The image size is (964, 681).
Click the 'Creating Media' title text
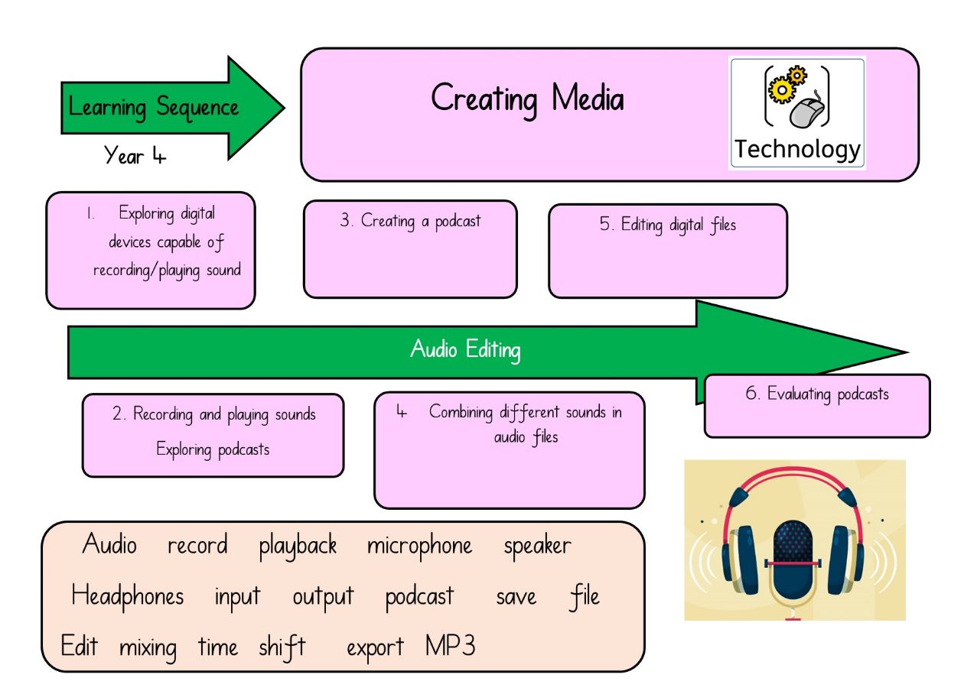click(x=527, y=99)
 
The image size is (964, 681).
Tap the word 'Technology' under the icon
click(x=797, y=149)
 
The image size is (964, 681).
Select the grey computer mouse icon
click(x=807, y=112)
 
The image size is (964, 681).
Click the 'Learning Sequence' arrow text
click(x=153, y=108)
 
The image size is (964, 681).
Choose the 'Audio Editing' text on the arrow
click(x=465, y=349)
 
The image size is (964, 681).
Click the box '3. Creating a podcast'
click(x=410, y=249)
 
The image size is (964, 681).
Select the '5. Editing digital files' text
click(x=667, y=225)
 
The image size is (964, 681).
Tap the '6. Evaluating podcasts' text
click(x=817, y=394)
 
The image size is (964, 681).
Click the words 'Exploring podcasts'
click(x=213, y=449)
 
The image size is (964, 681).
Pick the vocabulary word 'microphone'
click(x=419, y=546)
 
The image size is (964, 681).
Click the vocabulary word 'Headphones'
click(x=128, y=596)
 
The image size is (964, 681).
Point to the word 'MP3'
click(x=450, y=646)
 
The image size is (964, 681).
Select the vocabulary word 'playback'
click(x=298, y=546)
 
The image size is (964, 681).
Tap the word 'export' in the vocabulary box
click(x=375, y=647)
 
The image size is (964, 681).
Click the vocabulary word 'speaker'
click(x=538, y=546)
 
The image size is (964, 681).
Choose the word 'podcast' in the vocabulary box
click(x=419, y=597)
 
